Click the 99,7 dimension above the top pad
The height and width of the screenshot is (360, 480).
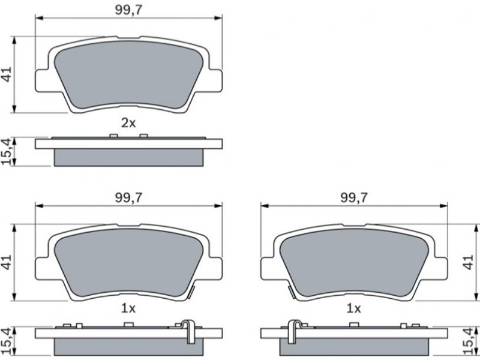(x=128, y=10)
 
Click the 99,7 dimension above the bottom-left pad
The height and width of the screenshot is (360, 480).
(x=128, y=198)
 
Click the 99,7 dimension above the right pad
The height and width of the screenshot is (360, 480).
(x=353, y=198)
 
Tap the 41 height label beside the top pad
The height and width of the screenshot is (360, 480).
(x=7, y=74)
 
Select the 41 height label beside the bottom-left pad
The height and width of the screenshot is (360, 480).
(x=7, y=262)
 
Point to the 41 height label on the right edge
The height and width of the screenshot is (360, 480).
(x=469, y=262)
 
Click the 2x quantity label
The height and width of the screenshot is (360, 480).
(x=128, y=123)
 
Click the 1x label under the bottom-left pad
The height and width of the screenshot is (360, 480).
(x=128, y=309)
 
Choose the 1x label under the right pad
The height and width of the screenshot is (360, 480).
(x=353, y=309)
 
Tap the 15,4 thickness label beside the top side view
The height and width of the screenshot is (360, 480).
(x=7, y=151)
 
